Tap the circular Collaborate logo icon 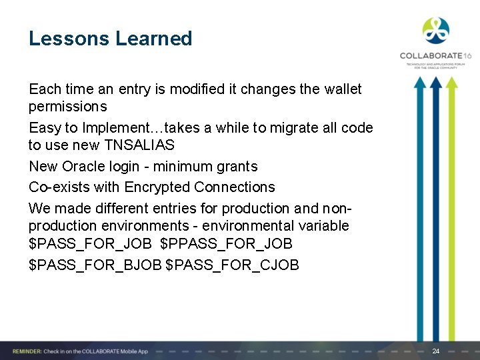[435, 30]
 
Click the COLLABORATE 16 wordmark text [435, 56]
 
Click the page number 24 [436, 351]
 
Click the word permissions [67, 107]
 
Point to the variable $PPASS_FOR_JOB [226, 244]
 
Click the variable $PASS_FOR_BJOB [95, 265]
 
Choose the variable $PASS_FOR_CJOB [232, 265]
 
